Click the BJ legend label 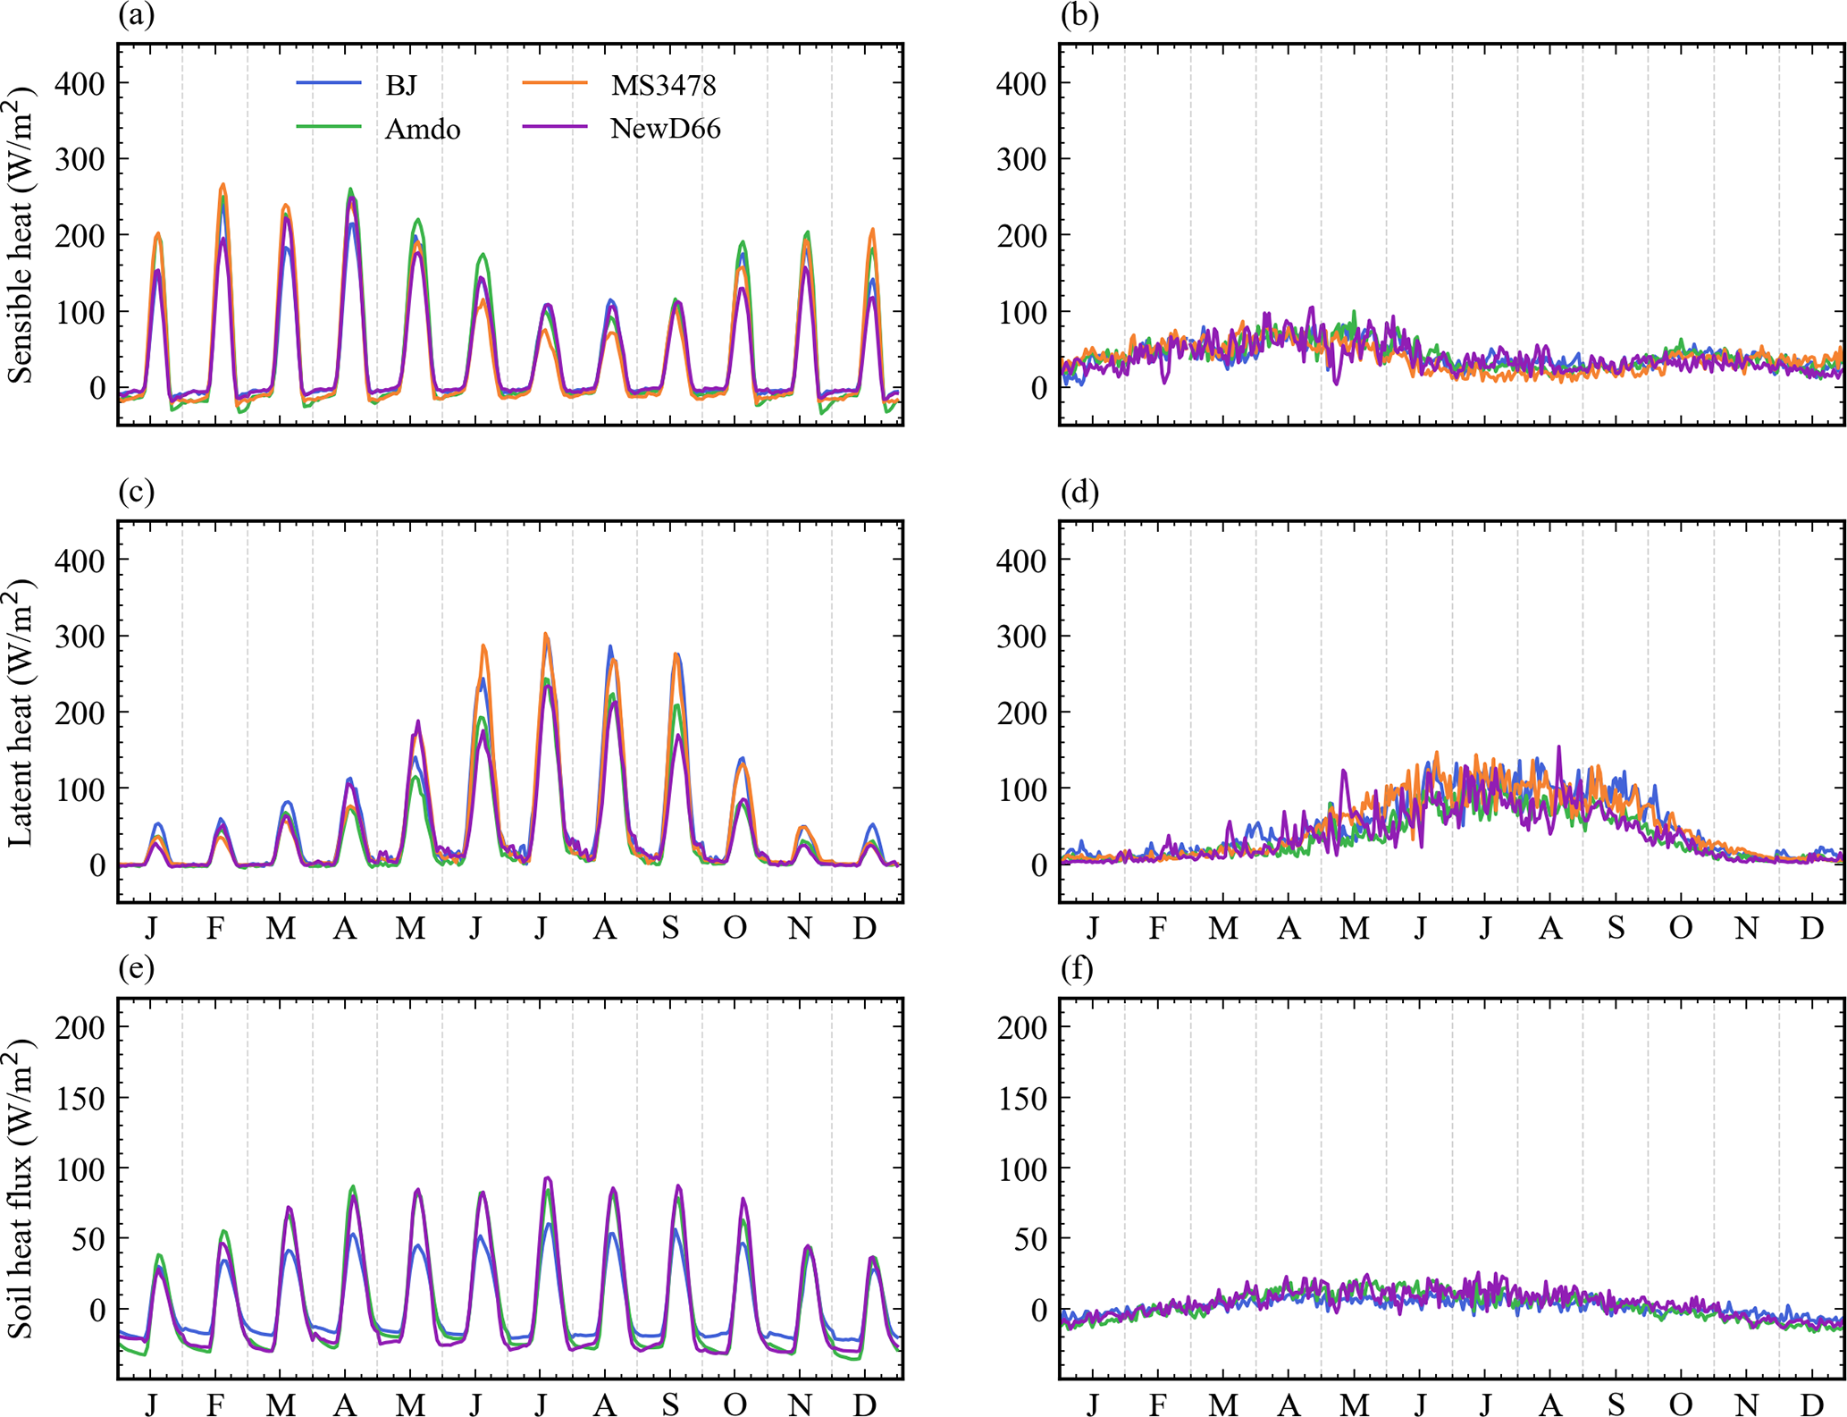(x=400, y=86)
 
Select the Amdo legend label (x=422, y=130)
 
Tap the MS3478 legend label (x=663, y=86)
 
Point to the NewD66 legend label (x=665, y=129)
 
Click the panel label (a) (x=136, y=15)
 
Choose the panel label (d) (x=1079, y=492)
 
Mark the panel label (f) (x=1077, y=968)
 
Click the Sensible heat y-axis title (x=21, y=234)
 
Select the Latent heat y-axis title (x=21, y=712)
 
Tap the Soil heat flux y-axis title (x=21, y=1188)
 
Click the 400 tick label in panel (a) (x=80, y=84)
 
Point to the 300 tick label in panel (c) (x=80, y=637)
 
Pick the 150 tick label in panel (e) (x=80, y=1098)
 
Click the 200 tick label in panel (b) (x=1021, y=236)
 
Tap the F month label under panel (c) (x=215, y=929)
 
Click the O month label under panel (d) (x=1681, y=929)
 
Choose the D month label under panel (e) (x=864, y=1404)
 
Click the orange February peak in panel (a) (x=222, y=185)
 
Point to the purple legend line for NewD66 (x=554, y=128)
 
